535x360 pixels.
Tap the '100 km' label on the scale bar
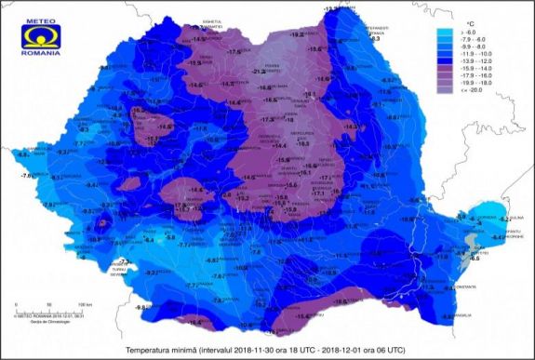tap(86, 304)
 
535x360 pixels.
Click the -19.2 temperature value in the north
tap(297, 34)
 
